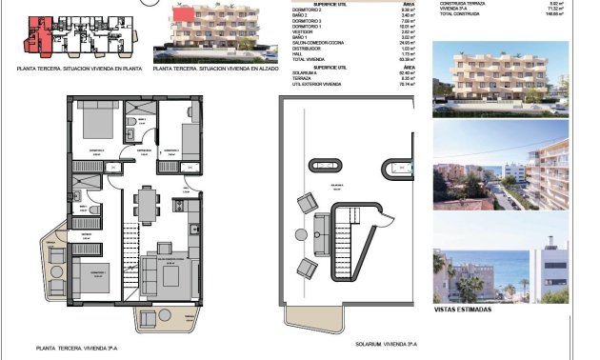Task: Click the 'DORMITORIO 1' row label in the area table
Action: tap(310, 28)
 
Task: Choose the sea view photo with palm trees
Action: tap(501, 264)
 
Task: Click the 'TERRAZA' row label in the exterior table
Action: tap(305, 78)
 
